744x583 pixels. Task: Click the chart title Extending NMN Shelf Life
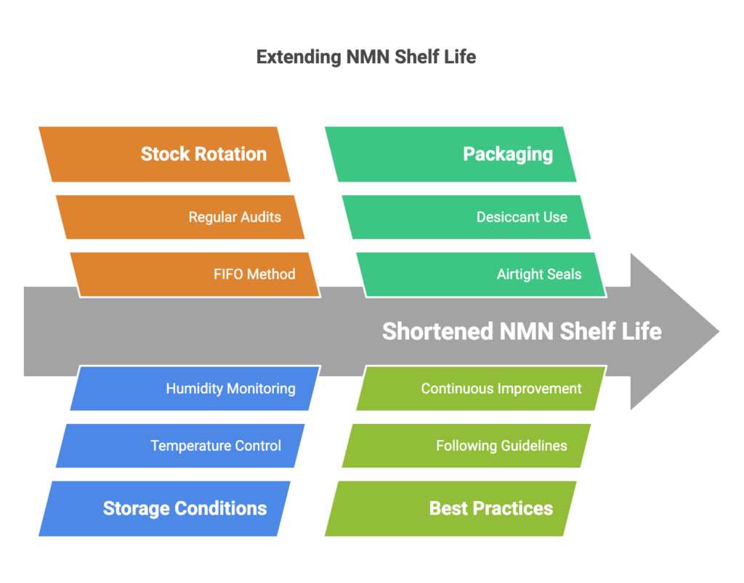pyautogui.click(x=366, y=57)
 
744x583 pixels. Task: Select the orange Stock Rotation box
pyautogui.click(x=164, y=154)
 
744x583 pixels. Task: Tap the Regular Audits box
pyautogui.click(x=180, y=217)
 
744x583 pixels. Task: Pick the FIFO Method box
pyautogui.click(x=195, y=274)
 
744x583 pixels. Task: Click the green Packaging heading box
pyautogui.click(x=450, y=154)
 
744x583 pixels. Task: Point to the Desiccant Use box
pyautogui.click(x=466, y=217)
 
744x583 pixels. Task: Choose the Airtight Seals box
pyautogui.click(x=482, y=274)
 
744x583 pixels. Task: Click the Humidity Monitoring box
pyautogui.click(x=195, y=388)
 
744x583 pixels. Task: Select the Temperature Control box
pyautogui.click(x=180, y=446)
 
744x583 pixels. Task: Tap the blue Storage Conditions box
pyautogui.click(x=164, y=509)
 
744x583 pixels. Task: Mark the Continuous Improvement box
pyautogui.click(x=482, y=388)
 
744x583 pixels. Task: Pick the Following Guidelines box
pyautogui.click(x=466, y=446)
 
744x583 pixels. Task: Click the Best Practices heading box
pyautogui.click(x=450, y=509)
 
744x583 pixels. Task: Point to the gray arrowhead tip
pyautogui.click(x=719, y=331)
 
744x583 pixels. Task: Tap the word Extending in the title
pyautogui.click(x=299, y=57)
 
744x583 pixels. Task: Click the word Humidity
pyautogui.click(x=195, y=388)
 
